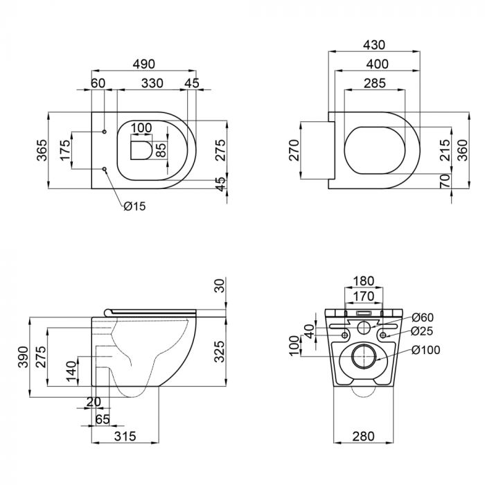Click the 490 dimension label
point(144,64)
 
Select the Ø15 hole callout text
point(134,206)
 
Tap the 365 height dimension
point(42,150)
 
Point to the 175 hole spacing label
point(66,150)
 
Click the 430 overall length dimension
point(374,45)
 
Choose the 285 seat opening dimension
point(375,84)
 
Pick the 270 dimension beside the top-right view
point(294,150)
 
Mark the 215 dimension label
point(446,150)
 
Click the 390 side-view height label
point(23,357)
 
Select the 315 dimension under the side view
point(125,436)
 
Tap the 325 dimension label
point(220,351)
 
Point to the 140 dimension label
point(71,371)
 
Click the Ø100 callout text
point(426,350)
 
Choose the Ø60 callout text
point(423,317)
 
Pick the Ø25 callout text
point(422,331)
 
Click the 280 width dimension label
point(364,436)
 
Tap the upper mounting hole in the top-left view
point(104,132)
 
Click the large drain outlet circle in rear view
point(364,356)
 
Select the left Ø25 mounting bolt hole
point(344,335)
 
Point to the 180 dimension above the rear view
point(364,281)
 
